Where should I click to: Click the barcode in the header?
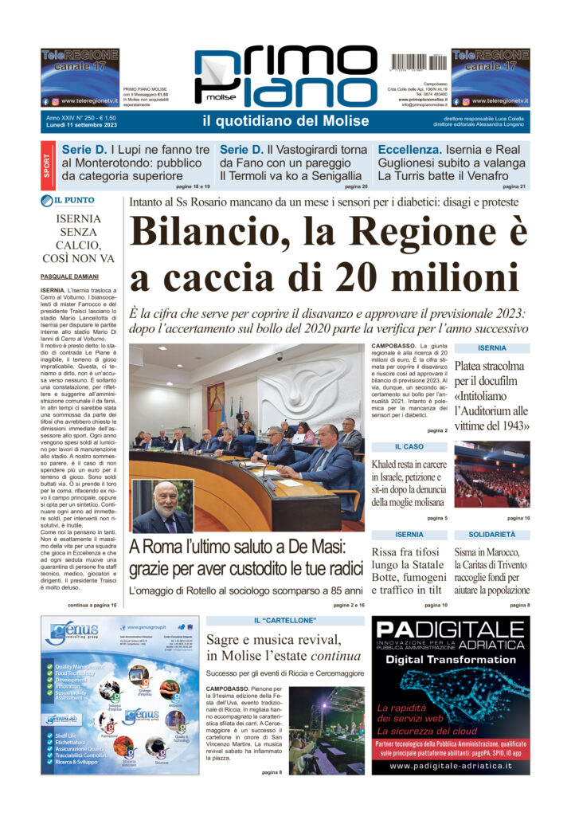pos(418,61)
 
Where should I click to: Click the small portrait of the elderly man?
pos(162,506)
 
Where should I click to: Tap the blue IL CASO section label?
pos(409,446)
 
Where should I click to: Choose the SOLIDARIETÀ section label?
pos(491,534)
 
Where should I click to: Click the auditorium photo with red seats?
pos(491,474)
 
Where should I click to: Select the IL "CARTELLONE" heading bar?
pos(285,620)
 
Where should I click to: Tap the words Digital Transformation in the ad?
pos(450,660)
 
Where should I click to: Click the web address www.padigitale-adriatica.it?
pos(451,766)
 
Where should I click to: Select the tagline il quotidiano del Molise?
pos(285,121)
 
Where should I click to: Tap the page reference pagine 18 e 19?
pos(193,186)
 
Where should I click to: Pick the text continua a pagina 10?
pos(92,606)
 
